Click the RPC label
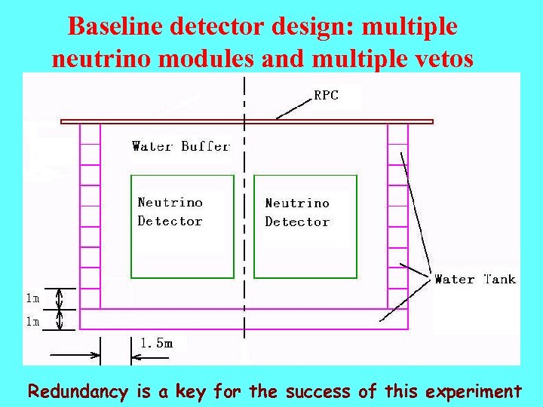pos(327,96)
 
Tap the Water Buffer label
pos(180,146)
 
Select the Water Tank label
pos(475,279)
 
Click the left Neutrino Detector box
pos(182,226)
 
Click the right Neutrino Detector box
pos(305,226)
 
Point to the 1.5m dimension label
pos(156,343)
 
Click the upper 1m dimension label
pos(32,298)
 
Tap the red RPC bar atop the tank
pos(247,121)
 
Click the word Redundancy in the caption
pos(79,392)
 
